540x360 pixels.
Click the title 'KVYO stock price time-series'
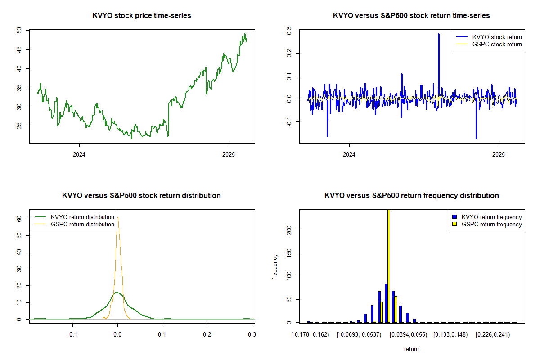(x=141, y=15)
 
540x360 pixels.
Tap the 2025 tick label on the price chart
(x=229, y=154)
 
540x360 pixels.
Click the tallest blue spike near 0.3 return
(x=439, y=34)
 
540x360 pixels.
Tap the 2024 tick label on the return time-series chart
(x=349, y=154)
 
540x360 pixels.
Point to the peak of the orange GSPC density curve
(x=117, y=217)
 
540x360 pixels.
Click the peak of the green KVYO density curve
(x=117, y=292)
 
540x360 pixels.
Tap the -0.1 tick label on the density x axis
(x=72, y=334)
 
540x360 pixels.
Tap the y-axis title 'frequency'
(x=275, y=267)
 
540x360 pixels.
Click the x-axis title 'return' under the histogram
(x=411, y=349)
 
